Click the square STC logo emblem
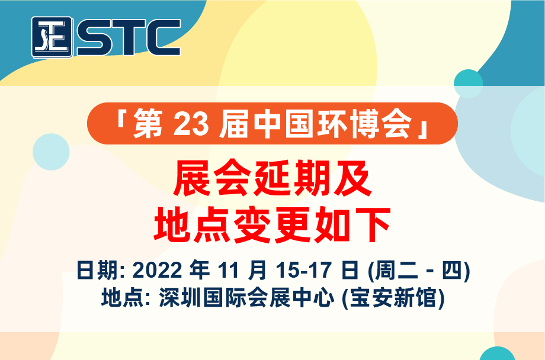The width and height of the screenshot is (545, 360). click(52, 37)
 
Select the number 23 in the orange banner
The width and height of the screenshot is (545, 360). click(191, 124)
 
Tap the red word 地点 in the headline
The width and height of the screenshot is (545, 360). click(192, 224)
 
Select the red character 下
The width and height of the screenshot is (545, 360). click(371, 224)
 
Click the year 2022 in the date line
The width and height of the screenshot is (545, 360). click(157, 270)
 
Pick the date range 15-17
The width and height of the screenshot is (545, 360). click(304, 270)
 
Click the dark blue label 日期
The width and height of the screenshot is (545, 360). click(97, 270)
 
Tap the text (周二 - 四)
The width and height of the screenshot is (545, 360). click(419, 271)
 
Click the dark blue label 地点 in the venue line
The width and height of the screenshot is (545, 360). click(121, 298)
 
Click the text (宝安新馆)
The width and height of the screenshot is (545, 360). click(393, 298)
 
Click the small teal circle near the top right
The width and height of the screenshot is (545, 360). click(468, 83)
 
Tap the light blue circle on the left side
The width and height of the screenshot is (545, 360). click(51, 152)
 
